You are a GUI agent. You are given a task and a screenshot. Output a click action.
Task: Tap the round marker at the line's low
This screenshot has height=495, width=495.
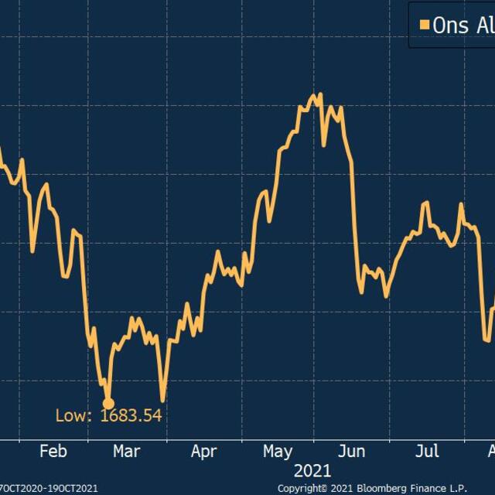[108, 404]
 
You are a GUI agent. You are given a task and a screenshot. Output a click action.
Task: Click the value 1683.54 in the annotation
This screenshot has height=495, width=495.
[131, 416]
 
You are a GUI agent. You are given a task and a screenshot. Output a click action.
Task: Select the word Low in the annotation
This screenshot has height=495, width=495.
[71, 416]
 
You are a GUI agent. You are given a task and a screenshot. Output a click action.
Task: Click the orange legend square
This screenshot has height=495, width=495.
[423, 25]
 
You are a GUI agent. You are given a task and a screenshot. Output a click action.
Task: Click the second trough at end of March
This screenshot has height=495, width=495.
[163, 400]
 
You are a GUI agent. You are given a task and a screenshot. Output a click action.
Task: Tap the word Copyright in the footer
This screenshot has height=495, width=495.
[302, 488]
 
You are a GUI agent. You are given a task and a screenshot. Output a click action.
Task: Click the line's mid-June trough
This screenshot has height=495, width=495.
[361, 292]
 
